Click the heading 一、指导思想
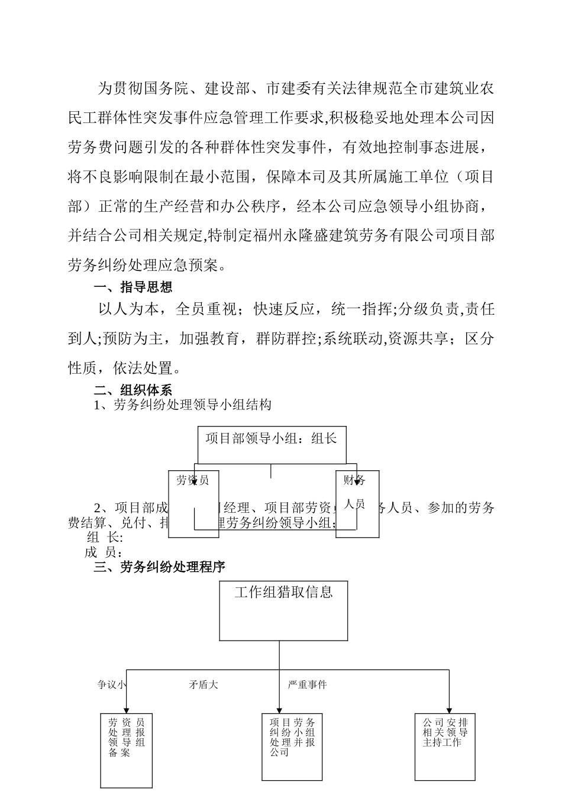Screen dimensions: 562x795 click(134, 287)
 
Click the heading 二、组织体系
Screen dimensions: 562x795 click(134, 390)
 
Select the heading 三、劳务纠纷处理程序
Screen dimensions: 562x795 click(160, 567)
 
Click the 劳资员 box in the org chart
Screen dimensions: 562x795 click(193, 503)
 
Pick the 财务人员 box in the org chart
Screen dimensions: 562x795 click(357, 503)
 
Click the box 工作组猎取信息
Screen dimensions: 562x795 click(283, 610)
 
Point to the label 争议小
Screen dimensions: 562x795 click(112, 684)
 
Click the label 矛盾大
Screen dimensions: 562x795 click(204, 684)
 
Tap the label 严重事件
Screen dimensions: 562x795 click(307, 684)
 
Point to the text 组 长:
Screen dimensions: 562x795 click(105, 538)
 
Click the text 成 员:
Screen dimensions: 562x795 click(104, 552)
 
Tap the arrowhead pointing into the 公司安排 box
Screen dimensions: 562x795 click(449, 710)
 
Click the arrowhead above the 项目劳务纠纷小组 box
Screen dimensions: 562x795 click(279, 710)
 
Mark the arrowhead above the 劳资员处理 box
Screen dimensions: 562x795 click(126, 710)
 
